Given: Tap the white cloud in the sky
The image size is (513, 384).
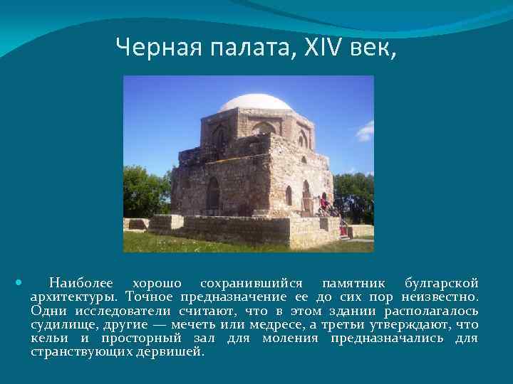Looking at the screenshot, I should tap(366, 131).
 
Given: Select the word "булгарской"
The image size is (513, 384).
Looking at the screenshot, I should tap(441, 283).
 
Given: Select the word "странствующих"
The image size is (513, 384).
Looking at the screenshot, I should tap(82, 351).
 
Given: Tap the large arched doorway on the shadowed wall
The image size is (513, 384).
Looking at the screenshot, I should tap(212, 193).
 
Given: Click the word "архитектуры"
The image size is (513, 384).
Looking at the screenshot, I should tap(75, 297).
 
